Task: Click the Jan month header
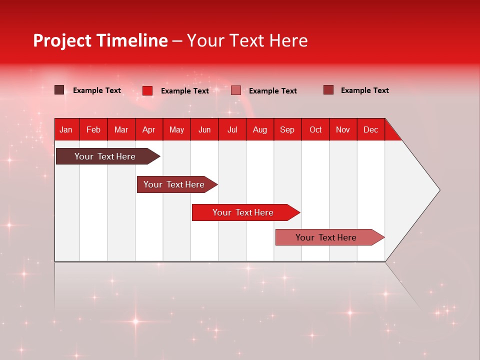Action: (x=66, y=129)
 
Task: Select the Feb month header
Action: (x=93, y=129)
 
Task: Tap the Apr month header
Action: (x=148, y=129)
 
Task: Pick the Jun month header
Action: (x=204, y=129)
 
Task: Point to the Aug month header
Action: (x=259, y=129)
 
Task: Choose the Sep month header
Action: (x=287, y=129)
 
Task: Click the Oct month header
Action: (x=315, y=129)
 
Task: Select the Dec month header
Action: (x=370, y=129)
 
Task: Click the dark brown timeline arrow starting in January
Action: (x=105, y=156)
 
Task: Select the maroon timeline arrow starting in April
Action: (x=174, y=184)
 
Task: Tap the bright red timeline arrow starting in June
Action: (x=243, y=212)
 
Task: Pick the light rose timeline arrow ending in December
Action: (x=326, y=237)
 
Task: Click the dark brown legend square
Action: (x=59, y=90)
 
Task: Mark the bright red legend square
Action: (x=147, y=90)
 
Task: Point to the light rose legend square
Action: (x=236, y=90)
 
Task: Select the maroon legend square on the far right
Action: (x=328, y=90)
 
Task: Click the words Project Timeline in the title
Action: (x=100, y=40)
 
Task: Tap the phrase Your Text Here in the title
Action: (x=247, y=40)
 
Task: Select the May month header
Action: (x=176, y=129)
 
